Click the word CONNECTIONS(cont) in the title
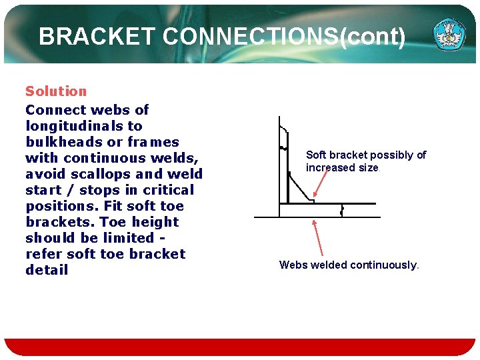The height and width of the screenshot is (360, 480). coord(283,36)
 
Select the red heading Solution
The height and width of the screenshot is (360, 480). coord(56,91)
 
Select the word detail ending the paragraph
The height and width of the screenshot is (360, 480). coord(47,270)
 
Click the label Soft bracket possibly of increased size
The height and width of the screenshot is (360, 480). coord(365,161)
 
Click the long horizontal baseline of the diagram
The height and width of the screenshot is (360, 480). coord(317,217)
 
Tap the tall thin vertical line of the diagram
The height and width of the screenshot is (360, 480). coord(280,167)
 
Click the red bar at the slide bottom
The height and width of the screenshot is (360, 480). coord(240,347)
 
